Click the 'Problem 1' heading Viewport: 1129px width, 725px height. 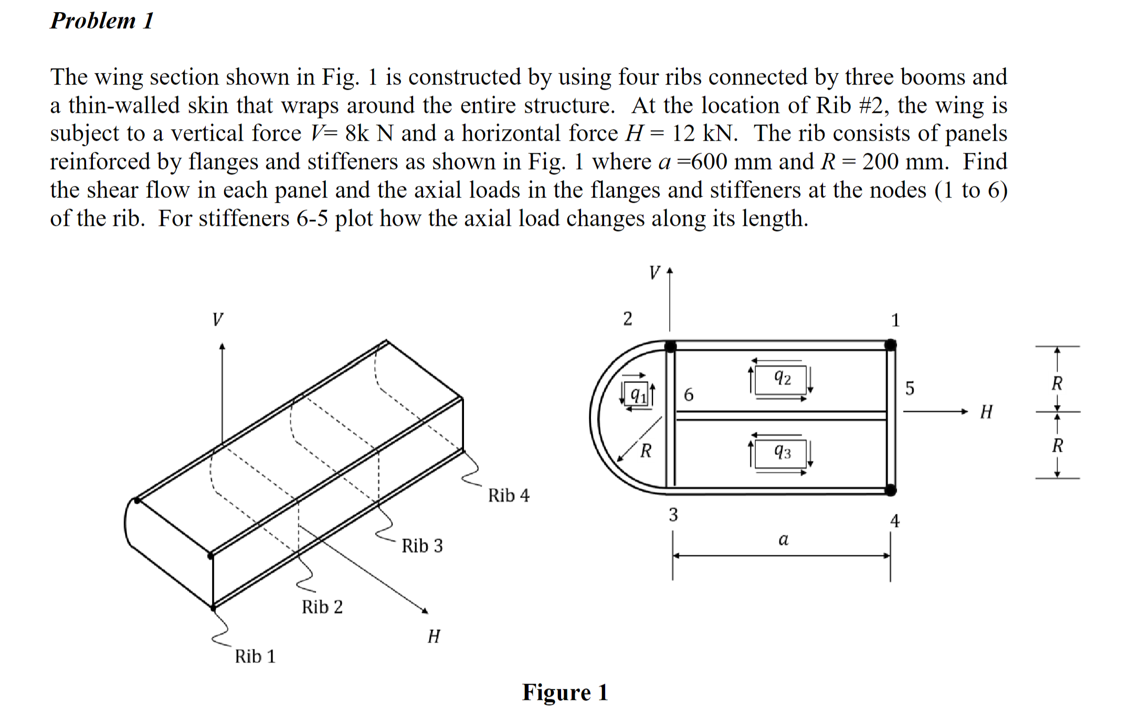[x=102, y=21]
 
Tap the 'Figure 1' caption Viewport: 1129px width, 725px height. [x=565, y=692]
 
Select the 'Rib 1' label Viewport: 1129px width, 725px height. [x=255, y=656]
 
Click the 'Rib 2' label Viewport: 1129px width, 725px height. [x=322, y=607]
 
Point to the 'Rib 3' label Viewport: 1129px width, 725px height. [x=422, y=545]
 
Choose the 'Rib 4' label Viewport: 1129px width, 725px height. [x=509, y=495]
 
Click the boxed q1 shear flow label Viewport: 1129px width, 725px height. [x=637, y=394]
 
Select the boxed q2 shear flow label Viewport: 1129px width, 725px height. [x=782, y=378]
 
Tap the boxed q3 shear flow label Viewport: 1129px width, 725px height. [x=782, y=452]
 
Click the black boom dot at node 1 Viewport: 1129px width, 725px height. [x=890, y=345]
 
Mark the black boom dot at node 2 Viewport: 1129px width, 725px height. [x=670, y=346]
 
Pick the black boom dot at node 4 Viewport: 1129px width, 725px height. [x=890, y=490]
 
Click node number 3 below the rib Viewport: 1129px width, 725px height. [x=673, y=514]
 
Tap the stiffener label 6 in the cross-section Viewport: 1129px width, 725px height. [x=688, y=394]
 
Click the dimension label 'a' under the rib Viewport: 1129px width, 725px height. [x=783, y=539]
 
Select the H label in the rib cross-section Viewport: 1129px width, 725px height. [x=986, y=411]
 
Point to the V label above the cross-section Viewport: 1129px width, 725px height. [x=654, y=273]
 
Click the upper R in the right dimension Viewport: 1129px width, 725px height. [x=1057, y=384]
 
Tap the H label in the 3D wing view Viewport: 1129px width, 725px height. [x=434, y=636]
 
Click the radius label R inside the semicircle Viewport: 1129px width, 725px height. [x=646, y=450]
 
